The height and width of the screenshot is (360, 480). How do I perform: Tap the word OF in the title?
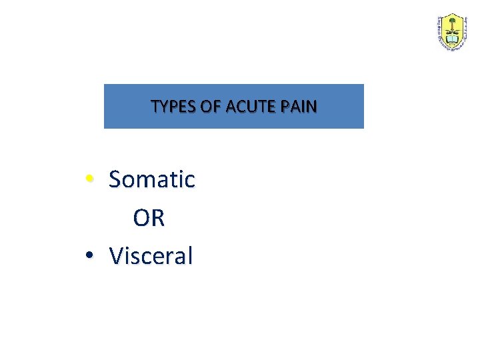tap(210, 107)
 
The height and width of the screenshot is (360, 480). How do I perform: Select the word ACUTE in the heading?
tap(247, 107)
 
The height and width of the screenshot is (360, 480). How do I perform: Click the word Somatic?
tap(151, 179)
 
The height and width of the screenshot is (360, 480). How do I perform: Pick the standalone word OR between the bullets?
tap(149, 218)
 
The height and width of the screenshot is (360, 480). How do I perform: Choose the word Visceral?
tap(151, 256)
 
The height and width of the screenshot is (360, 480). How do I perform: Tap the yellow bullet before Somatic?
tap(89, 179)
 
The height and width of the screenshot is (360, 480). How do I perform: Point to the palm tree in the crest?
tap(452, 27)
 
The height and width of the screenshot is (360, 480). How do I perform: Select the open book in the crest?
tap(452, 41)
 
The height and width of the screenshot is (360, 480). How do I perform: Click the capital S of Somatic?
tap(115, 179)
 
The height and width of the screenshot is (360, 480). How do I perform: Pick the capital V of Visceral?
tap(117, 256)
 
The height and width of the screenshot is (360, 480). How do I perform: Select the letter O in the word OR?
tap(141, 218)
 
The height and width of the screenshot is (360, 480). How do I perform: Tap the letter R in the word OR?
tap(157, 218)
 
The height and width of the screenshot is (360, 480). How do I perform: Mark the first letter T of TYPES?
tap(155, 107)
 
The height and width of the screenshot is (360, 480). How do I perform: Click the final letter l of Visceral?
tap(189, 255)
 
